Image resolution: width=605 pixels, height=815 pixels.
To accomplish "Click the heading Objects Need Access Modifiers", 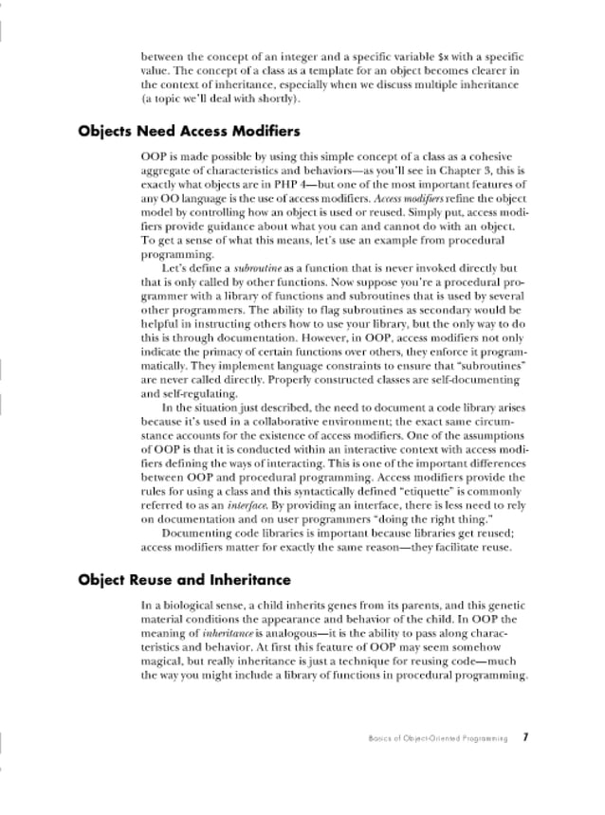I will coord(189,131).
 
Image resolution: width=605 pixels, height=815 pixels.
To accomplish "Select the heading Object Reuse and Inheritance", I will coord(184,579).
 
